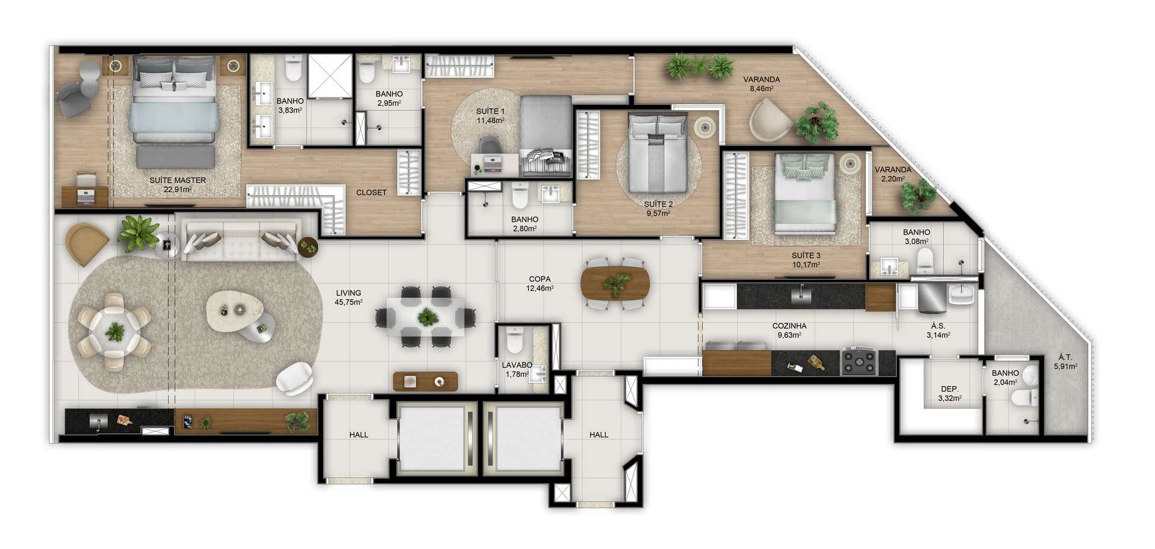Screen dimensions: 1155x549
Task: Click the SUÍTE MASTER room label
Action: pos(177,180)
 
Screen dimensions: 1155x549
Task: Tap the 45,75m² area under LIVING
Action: pos(348,302)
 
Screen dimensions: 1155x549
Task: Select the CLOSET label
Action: pos(371,193)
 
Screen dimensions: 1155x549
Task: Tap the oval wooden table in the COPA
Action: pos(615,284)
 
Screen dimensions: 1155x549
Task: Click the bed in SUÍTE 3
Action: pos(805,193)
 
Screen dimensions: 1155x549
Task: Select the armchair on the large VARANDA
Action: pos(771,119)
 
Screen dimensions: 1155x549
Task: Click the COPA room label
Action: pos(540,279)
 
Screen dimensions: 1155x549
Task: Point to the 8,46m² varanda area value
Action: pos(761,88)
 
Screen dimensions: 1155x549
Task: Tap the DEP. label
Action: pos(949,389)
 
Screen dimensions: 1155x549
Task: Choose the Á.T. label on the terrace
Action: pos(1065,357)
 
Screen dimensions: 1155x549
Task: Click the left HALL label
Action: pos(359,435)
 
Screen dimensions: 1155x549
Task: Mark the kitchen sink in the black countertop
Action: pos(801,294)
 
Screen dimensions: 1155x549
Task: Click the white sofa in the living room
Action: pos(241,240)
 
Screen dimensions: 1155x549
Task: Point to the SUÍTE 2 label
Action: pos(659,205)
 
